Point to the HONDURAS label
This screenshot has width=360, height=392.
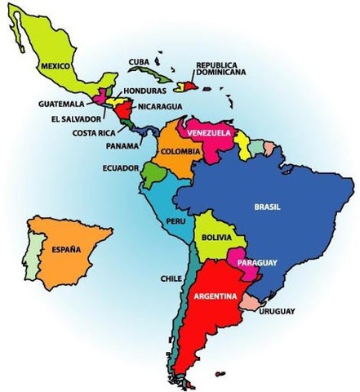click(x=146, y=91)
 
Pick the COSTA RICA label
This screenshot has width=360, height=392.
click(x=92, y=132)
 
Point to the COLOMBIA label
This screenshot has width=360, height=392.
click(x=181, y=152)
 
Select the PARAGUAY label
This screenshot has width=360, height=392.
click(x=257, y=262)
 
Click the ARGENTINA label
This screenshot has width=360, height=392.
click(x=216, y=296)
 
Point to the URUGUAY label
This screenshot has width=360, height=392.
click(x=278, y=311)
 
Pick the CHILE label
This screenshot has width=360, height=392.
click(x=171, y=278)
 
